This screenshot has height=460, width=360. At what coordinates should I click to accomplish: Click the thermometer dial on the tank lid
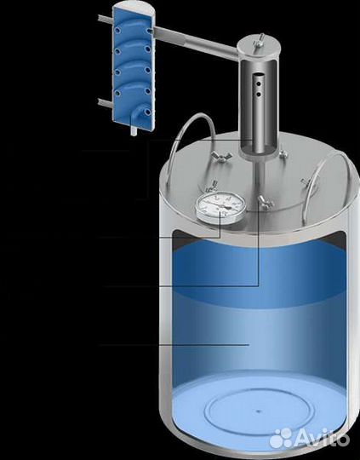pyautogui.click(x=220, y=207)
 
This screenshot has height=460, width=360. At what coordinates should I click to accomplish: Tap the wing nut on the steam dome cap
pyautogui.click(x=260, y=41)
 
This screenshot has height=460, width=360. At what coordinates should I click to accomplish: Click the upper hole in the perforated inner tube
pyautogui.click(x=259, y=84)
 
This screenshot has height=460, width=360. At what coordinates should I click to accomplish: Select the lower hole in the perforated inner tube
pyautogui.click(x=259, y=95)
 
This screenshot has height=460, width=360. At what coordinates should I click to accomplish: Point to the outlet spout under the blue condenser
pyautogui.click(x=134, y=130)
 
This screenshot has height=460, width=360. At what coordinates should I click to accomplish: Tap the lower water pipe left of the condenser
pyautogui.click(x=105, y=103)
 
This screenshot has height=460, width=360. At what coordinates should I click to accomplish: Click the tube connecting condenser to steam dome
pyautogui.click(x=196, y=43)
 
